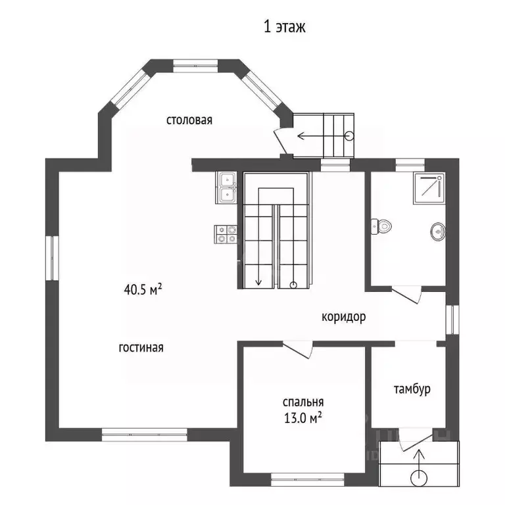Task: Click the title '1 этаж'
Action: pos(284,27)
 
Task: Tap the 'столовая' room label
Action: pos(189,120)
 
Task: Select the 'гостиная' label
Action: pos(141,347)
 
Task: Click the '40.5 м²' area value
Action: pos(143,289)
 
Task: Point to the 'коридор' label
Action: pos(344,317)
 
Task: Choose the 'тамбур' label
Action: pos(412,389)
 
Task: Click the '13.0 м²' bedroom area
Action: pos(302,418)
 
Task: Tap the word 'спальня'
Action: pos(303,402)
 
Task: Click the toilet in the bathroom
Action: pos(381,226)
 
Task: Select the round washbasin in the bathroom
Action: pos(438,231)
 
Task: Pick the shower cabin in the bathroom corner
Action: pos(429,189)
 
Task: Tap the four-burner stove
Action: pos(226,234)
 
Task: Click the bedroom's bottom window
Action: pos(308,479)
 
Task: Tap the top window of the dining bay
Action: pos(196,66)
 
